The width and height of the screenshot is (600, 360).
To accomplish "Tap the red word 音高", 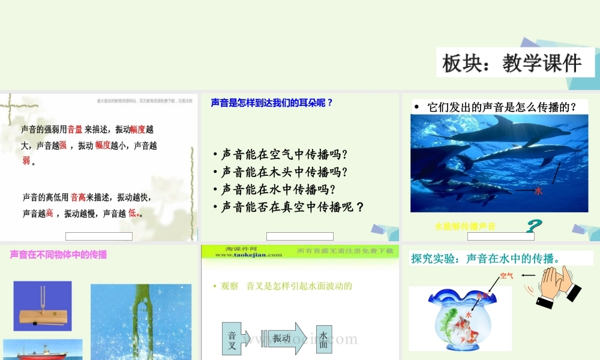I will click(x=78, y=197).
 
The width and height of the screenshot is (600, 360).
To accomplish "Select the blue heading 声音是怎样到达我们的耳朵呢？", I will click(x=271, y=103).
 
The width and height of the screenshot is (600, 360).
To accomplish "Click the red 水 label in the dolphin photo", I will click(x=538, y=191).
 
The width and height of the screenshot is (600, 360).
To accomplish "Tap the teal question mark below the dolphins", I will click(x=534, y=227).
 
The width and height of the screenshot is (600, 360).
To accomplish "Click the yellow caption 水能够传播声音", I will click(x=465, y=226).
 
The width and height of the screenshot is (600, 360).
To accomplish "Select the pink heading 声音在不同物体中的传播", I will click(x=58, y=254).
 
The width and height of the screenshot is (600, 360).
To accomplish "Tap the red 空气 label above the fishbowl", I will click(x=506, y=276).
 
